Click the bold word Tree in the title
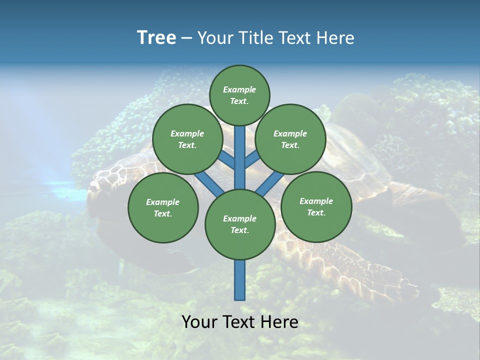coord(156,37)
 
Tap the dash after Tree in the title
coord(186,38)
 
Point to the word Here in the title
coord(335,37)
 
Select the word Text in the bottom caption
coord(239,322)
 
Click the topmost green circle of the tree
coord(239,95)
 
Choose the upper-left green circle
coord(187,139)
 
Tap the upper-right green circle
coord(290,139)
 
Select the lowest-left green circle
coord(163,207)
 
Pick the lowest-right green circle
coord(316,206)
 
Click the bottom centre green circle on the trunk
coord(240,224)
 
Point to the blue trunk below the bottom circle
coord(240,280)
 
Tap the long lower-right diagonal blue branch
coord(270,182)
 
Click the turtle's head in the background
coord(107,180)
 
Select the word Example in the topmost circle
coord(239,89)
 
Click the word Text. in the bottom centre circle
coord(239,230)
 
